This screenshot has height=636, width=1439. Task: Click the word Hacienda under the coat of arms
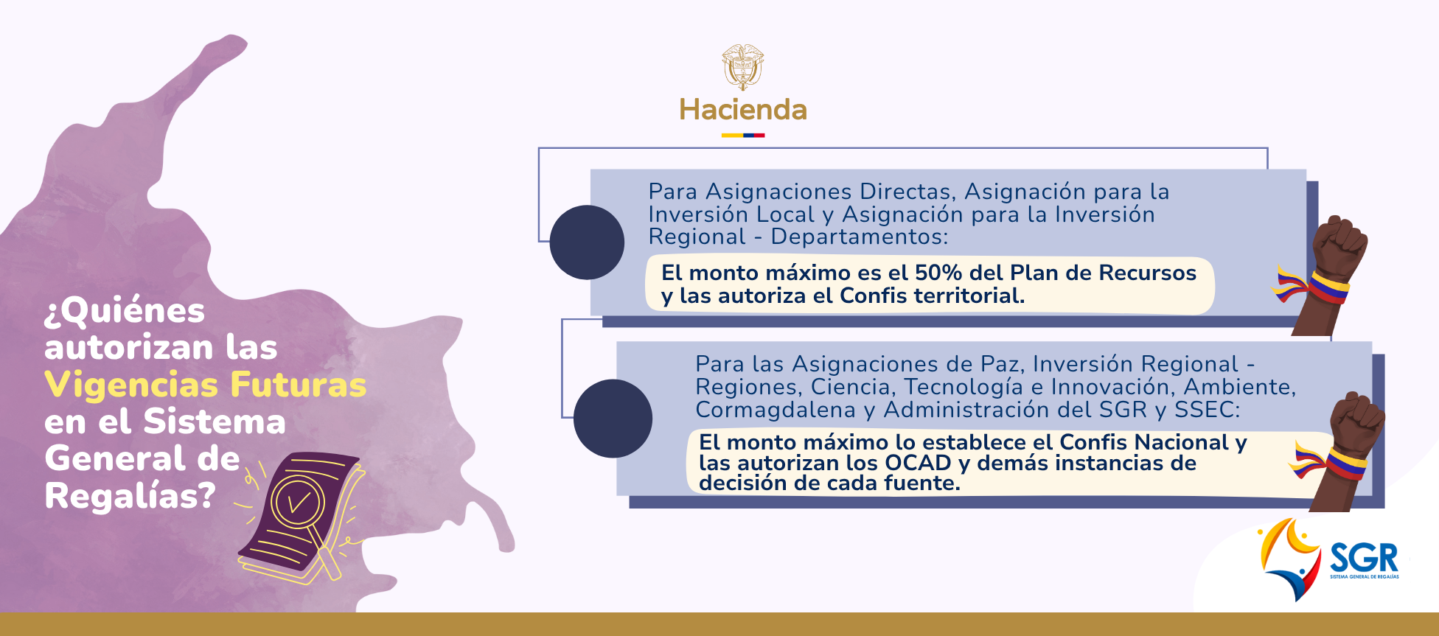click(x=742, y=110)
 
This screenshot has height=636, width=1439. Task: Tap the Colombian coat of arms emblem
click(x=742, y=66)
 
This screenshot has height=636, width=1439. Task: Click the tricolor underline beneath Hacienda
click(x=742, y=136)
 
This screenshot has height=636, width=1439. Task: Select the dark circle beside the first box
click(x=587, y=242)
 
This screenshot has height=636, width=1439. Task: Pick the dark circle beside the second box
click(x=613, y=419)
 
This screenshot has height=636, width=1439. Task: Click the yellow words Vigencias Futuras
click(x=206, y=385)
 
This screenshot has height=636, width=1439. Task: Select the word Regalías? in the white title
click(x=130, y=496)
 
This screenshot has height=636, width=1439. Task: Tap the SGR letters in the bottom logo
click(x=1364, y=558)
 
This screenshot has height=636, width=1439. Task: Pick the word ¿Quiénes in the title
click(x=125, y=311)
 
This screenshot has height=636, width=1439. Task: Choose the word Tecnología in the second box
click(x=964, y=387)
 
